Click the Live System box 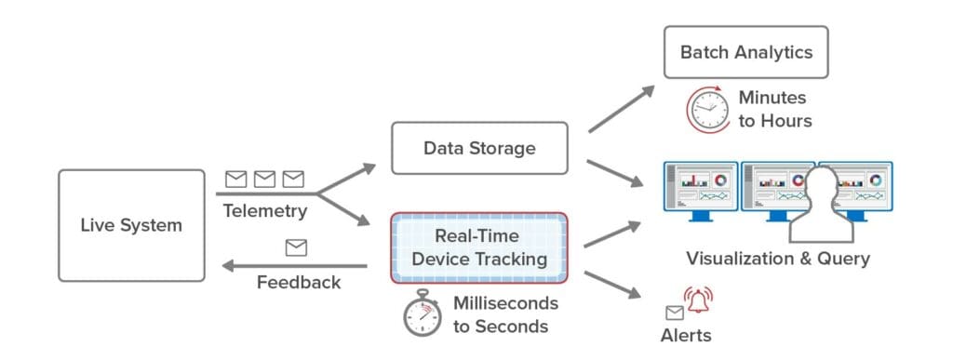[131, 225]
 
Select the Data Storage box [478, 148]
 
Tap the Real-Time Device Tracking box [478, 247]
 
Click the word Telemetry [264, 211]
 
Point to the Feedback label [298, 282]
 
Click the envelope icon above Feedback [296, 247]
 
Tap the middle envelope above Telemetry [265, 178]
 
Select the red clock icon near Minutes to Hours [708, 110]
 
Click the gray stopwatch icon [423, 314]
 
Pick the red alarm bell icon [699, 300]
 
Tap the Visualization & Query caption [777, 258]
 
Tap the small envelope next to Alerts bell [674, 313]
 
